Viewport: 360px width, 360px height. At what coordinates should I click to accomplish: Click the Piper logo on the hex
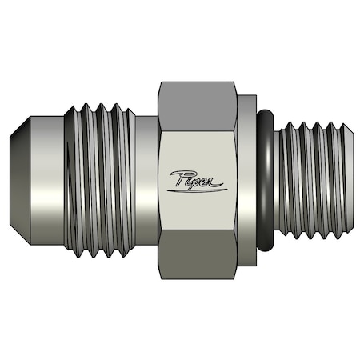point(198,180)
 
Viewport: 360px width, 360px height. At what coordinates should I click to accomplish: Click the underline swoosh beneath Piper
point(200,190)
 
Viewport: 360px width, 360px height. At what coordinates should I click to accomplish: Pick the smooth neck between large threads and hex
point(146,180)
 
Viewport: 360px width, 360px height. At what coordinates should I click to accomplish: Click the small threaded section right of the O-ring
point(312,180)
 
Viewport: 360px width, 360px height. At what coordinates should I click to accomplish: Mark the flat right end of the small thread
point(353,180)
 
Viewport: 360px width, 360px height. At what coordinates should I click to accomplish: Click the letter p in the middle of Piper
point(196,182)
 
